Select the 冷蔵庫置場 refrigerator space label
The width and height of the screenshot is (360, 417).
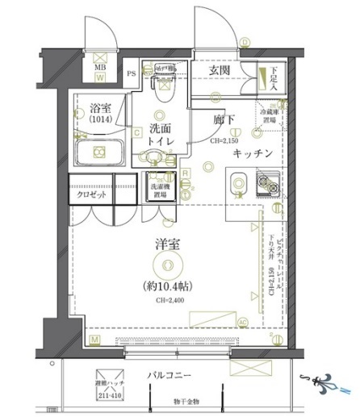point(268,116)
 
